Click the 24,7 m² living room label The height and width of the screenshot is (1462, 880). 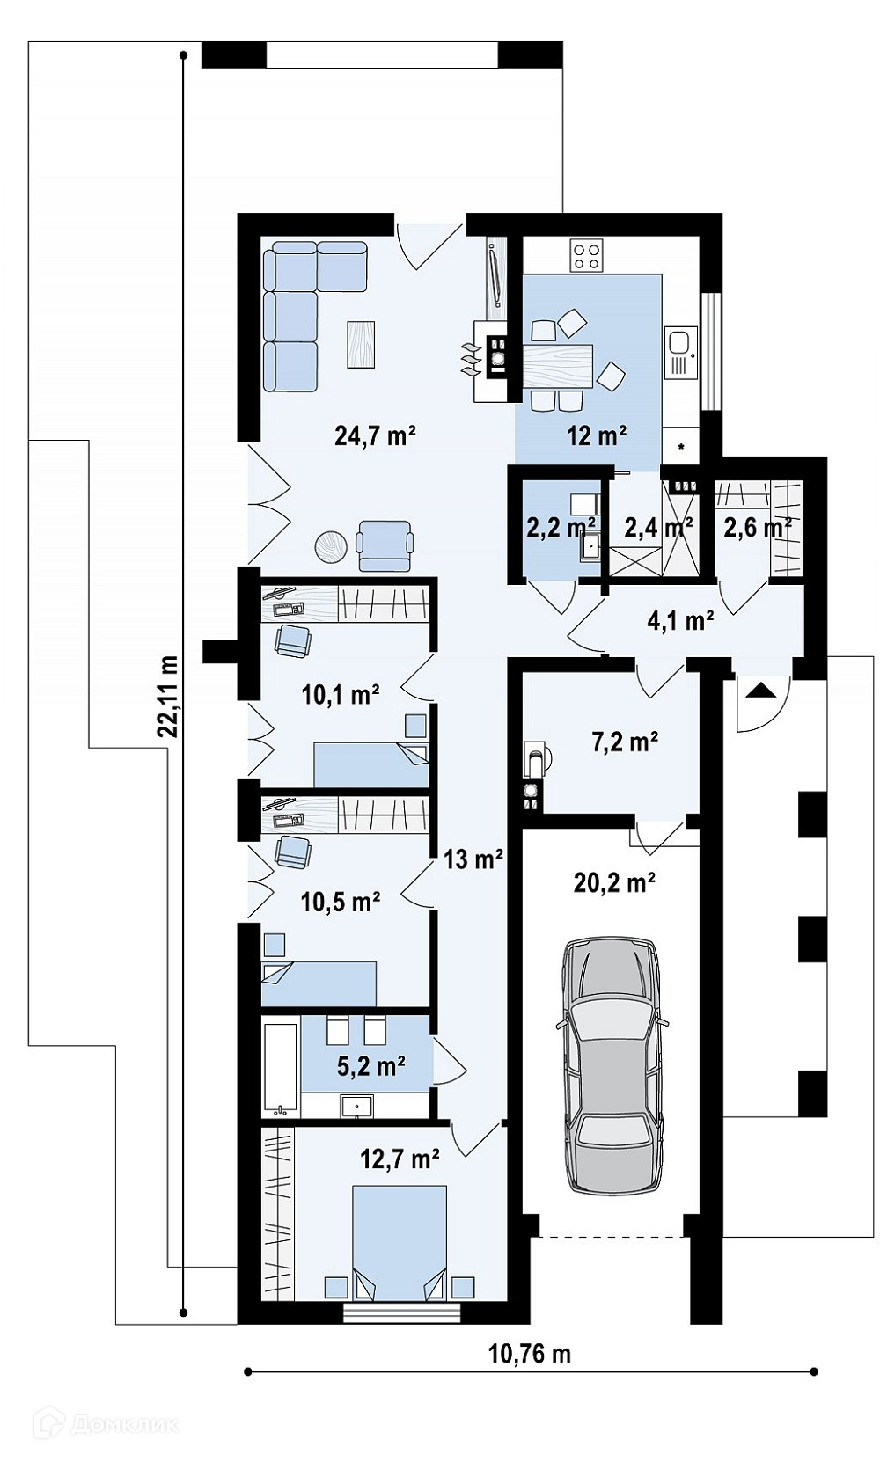coord(375,435)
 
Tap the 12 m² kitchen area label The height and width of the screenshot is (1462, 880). coord(597,435)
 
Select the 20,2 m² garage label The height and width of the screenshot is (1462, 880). coord(614,882)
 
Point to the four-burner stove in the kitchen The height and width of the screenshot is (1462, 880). coord(585,255)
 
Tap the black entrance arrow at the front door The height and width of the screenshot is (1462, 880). coord(760,690)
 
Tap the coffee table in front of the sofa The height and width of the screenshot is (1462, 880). coord(361,344)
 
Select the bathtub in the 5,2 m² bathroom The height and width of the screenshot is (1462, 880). coord(281,1067)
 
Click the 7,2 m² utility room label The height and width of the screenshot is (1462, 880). coord(624,742)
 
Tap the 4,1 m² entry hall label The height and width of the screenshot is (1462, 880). coord(679,621)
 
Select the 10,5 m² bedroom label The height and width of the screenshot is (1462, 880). coord(341,902)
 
